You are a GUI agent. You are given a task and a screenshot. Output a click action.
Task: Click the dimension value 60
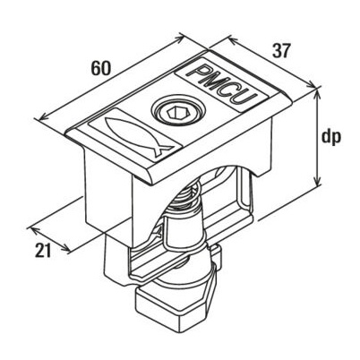[x=101, y=68]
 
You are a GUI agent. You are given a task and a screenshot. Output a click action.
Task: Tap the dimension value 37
[x=281, y=51]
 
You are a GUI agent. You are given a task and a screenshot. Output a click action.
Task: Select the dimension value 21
[x=43, y=250]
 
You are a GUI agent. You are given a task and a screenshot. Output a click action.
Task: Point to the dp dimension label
[x=330, y=138]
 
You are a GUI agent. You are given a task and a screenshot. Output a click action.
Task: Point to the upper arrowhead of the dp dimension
[x=316, y=92]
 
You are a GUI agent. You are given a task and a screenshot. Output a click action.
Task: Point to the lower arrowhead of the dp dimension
[x=317, y=181]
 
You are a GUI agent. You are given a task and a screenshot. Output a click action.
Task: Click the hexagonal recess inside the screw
[x=176, y=113]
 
